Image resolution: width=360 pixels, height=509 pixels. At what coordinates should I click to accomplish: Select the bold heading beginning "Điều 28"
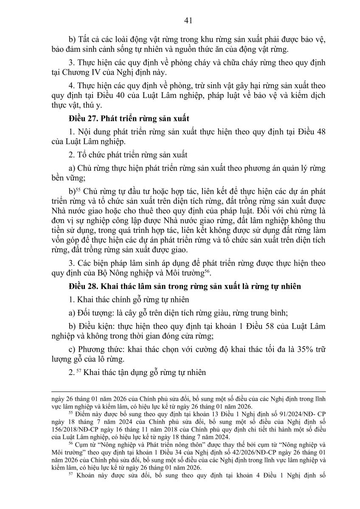pyautogui.click(x=185, y=286)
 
